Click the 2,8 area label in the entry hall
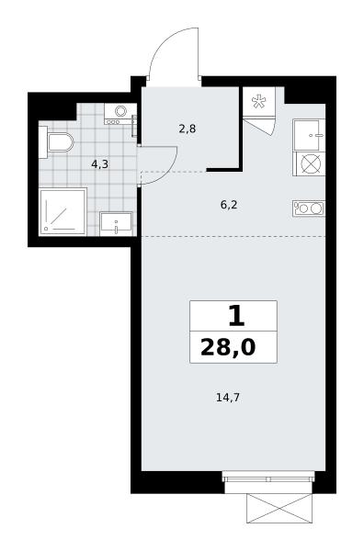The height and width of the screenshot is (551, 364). [188, 129]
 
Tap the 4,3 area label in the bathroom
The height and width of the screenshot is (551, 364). [100, 164]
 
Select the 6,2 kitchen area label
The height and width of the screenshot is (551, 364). [229, 205]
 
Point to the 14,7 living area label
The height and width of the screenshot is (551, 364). [228, 398]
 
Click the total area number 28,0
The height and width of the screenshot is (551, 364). [228, 347]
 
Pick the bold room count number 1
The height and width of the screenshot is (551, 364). [236, 316]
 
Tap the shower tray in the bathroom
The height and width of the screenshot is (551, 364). [63, 212]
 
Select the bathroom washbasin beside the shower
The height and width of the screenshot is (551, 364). [116, 224]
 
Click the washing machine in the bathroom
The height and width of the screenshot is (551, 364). [120, 114]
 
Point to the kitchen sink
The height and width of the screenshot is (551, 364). [309, 135]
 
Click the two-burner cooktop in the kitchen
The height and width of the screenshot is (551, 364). [309, 208]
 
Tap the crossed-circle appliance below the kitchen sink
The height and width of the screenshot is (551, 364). [309, 163]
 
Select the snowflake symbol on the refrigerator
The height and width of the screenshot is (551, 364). [258, 101]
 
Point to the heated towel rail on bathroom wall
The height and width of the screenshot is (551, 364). [134, 126]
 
